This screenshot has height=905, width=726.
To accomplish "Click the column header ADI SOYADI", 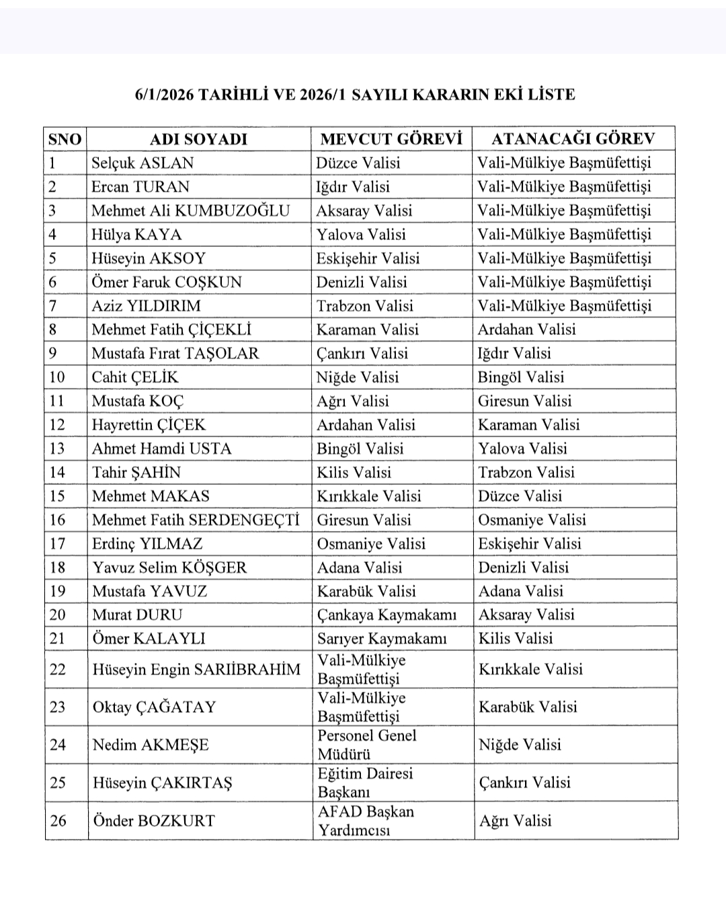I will pos(198,139).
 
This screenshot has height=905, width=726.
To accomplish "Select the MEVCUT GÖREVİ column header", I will pos(391,139).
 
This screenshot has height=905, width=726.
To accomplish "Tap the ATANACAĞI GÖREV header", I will pos(573,139).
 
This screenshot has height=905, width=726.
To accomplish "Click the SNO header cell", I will pos(65,139).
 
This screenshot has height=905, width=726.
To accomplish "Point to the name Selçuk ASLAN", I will pos(143,163).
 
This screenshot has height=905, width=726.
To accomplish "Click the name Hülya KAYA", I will pos(136,235).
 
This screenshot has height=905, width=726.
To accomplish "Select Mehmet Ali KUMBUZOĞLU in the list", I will pos(190,211).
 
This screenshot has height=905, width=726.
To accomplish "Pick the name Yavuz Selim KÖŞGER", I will pos(169,567).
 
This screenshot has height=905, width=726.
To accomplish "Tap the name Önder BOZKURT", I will pos(154,821).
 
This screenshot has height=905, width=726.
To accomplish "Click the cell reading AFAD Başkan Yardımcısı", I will pos(366,821).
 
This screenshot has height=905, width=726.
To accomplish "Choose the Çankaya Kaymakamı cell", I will pos(387,615).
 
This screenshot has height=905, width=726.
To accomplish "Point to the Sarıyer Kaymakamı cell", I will pos(382,639).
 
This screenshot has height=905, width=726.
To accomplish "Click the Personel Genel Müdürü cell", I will pos(367,745).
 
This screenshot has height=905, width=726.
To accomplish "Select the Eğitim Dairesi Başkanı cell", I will pos(365,783).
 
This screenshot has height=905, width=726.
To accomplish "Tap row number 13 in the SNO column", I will pos(58,449).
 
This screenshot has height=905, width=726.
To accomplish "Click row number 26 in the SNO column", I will pos(58,821).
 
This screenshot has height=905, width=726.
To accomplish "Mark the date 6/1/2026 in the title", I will pos(164,95).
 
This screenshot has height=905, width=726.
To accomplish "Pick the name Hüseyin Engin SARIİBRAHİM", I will pos(196,670).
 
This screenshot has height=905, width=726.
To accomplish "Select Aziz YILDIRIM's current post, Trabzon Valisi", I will pos(365,306).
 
